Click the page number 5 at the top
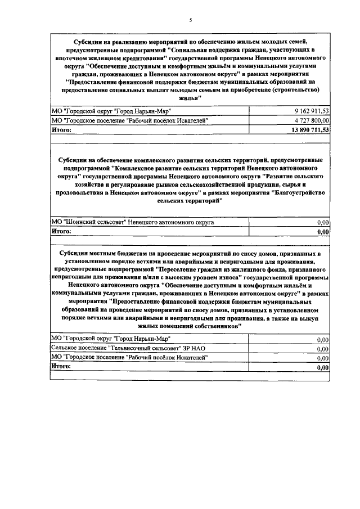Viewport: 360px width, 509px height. (x=190, y=21)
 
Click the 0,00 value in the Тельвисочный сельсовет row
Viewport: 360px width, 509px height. (x=322, y=349)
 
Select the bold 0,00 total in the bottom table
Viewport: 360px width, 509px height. (x=322, y=367)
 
